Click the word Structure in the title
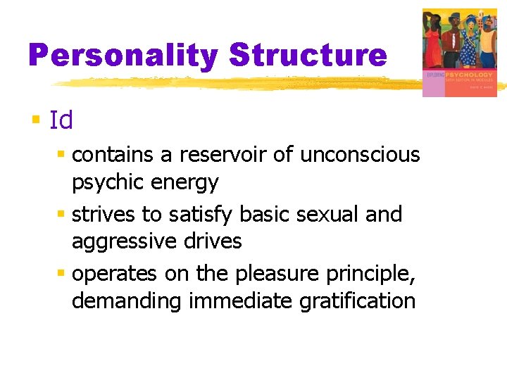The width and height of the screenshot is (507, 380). point(308,55)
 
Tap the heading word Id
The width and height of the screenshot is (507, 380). point(61,120)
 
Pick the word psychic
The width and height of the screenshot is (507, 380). point(107,183)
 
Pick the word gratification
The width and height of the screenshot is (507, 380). point(357,300)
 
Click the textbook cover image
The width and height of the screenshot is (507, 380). point(458,52)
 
